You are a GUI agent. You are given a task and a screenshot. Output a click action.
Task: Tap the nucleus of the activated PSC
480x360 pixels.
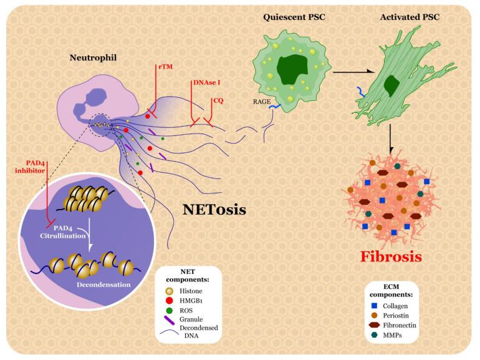(x=393, y=84)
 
